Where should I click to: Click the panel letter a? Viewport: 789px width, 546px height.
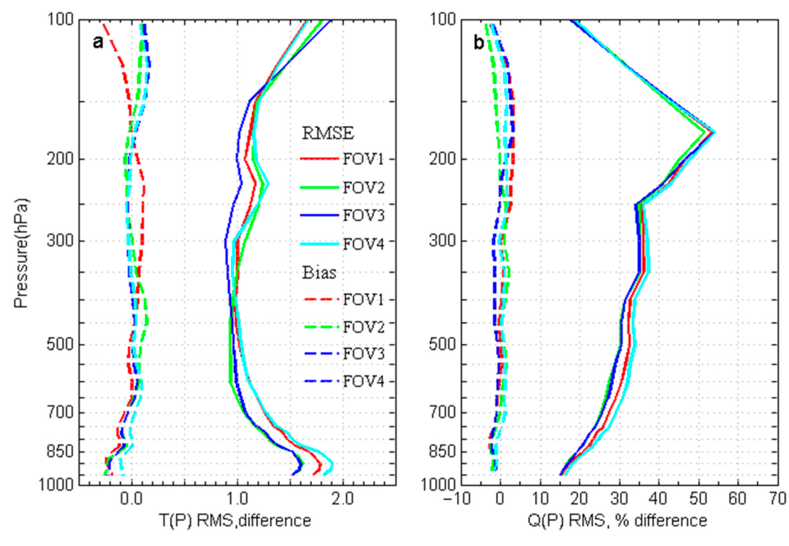tap(99, 43)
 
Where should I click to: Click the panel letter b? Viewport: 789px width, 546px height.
tap(480, 43)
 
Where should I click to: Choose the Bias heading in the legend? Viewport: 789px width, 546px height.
tap(317, 272)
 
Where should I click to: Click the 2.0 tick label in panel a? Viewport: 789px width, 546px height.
tap(343, 500)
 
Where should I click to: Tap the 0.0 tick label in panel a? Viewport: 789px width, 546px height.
tap(131, 500)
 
